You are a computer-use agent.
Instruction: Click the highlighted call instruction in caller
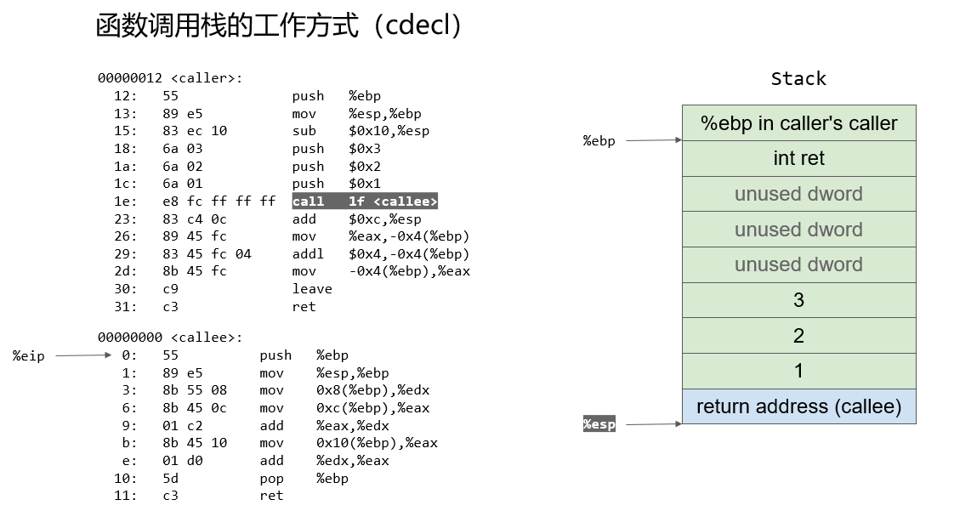coord(365,202)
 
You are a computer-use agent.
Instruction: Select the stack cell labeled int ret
coord(799,158)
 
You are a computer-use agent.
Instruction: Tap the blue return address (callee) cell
coord(799,406)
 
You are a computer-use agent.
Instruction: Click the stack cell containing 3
coord(799,300)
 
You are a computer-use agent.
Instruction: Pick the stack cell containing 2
coord(799,335)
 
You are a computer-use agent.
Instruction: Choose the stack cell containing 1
coord(799,371)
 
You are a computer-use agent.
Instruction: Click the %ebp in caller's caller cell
coord(799,123)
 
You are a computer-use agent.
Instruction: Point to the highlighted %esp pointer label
coord(599,424)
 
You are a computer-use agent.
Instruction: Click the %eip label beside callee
coord(29,356)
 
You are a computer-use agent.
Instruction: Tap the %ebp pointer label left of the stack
coord(599,140)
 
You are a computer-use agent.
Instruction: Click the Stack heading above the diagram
coord(798,78)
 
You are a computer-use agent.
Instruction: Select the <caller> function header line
coord(170,78)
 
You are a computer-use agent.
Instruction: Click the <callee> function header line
coord(170,337)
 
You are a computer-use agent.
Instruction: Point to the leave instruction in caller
coord(312,289)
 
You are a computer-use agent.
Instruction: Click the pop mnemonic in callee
coord(271,479)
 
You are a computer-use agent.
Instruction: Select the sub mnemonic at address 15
coord(304,131)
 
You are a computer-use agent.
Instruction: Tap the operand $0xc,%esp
coord(385,219)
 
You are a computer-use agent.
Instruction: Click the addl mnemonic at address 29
coord(308,253)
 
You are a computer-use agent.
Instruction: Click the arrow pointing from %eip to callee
coord(83,355)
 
